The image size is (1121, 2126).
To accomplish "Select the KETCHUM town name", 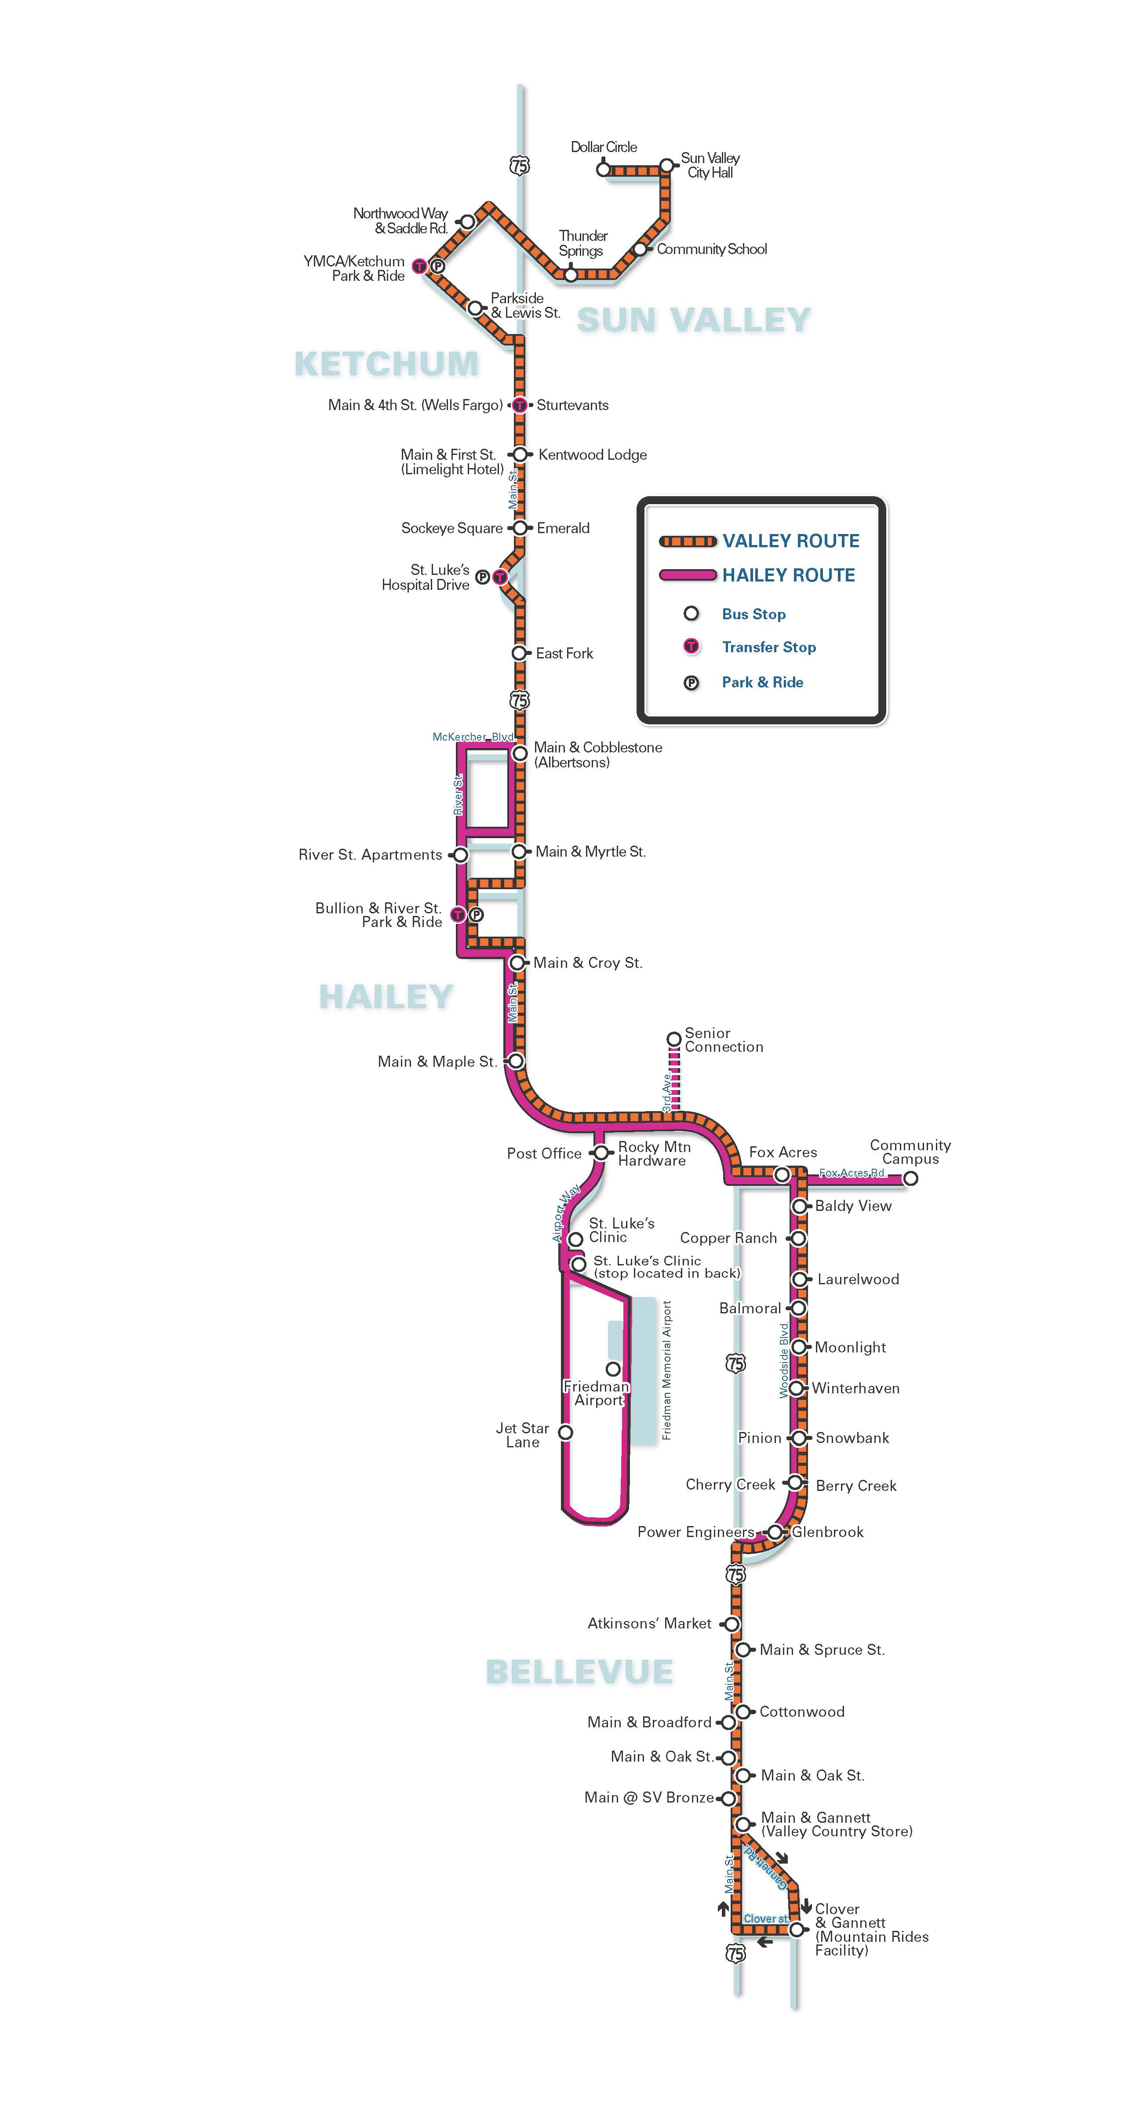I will (386, 364).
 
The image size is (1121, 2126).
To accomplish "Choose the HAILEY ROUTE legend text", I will (788, 575).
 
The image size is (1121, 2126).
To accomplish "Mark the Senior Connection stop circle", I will (673, 1038).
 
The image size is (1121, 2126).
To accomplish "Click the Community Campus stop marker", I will (910, 1178).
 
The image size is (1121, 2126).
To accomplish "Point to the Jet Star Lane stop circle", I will (565, 1432).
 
